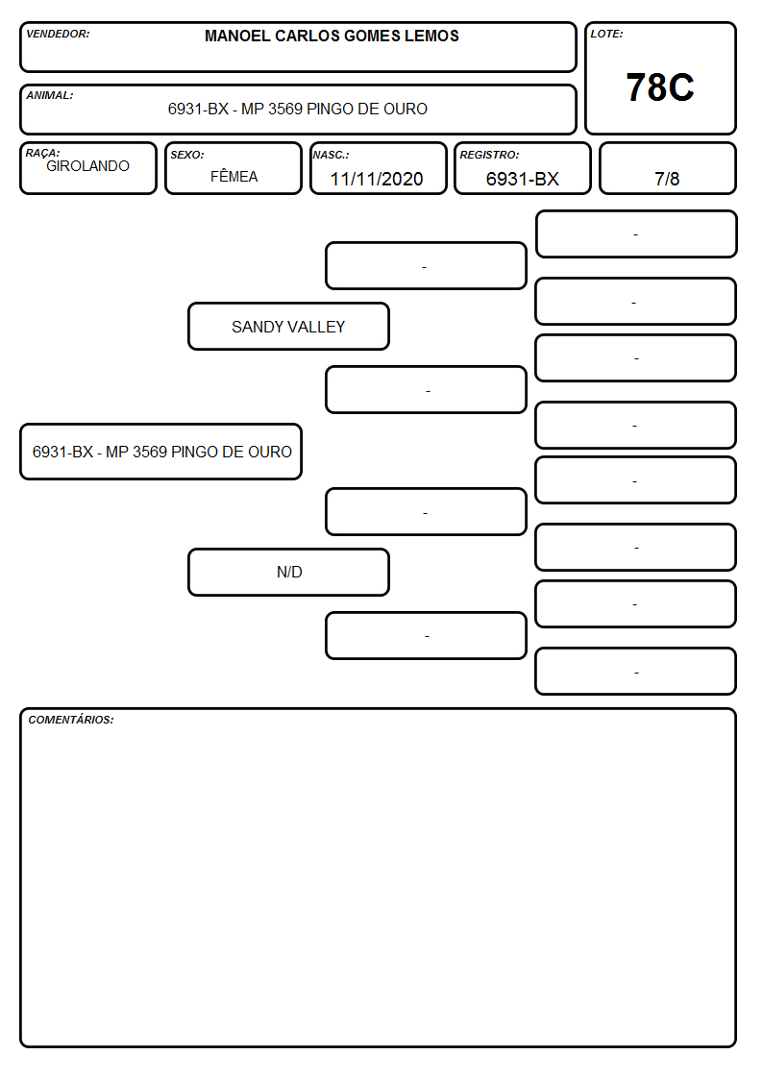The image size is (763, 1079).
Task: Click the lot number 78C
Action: [660, 87]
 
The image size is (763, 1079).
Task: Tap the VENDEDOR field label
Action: [58, 34]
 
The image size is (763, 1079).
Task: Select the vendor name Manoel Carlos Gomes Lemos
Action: [332, 36]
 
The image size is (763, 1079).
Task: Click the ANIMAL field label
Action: [50, 96]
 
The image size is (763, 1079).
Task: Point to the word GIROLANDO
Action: [87, 166]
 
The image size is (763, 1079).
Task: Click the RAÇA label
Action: [42, 153]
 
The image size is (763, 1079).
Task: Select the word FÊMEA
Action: [234, 176]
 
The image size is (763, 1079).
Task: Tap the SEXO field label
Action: [187, 155]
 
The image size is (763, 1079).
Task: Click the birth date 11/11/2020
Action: [377, 179]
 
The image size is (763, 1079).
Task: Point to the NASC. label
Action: [331, 155]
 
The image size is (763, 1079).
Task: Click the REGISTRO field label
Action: [489, 155]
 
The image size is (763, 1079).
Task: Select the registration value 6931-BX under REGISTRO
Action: [522, 179]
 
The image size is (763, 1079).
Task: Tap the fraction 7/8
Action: [667, 179]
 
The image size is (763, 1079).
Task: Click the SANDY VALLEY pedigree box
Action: [288, 326]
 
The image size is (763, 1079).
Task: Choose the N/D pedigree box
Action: [288, 572]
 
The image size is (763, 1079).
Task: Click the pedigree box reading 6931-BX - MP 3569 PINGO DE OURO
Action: [161, 452]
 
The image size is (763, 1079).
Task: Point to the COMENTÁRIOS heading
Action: [71, 720]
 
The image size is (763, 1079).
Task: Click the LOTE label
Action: [606, 34]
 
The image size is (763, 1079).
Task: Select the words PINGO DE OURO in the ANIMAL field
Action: [367, 109]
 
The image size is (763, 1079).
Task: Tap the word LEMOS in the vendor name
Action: [431, 36]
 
